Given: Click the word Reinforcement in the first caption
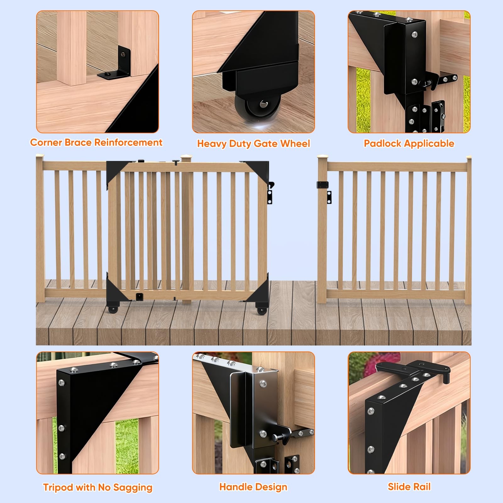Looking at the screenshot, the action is point(129,142).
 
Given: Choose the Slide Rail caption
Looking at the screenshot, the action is point(409,487).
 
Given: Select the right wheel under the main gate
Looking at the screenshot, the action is point(261,310).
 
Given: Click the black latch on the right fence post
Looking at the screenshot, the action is point(323,185).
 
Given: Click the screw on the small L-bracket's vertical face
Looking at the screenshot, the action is point(124,55).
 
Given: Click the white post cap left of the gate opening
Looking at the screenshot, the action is point(321,156).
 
